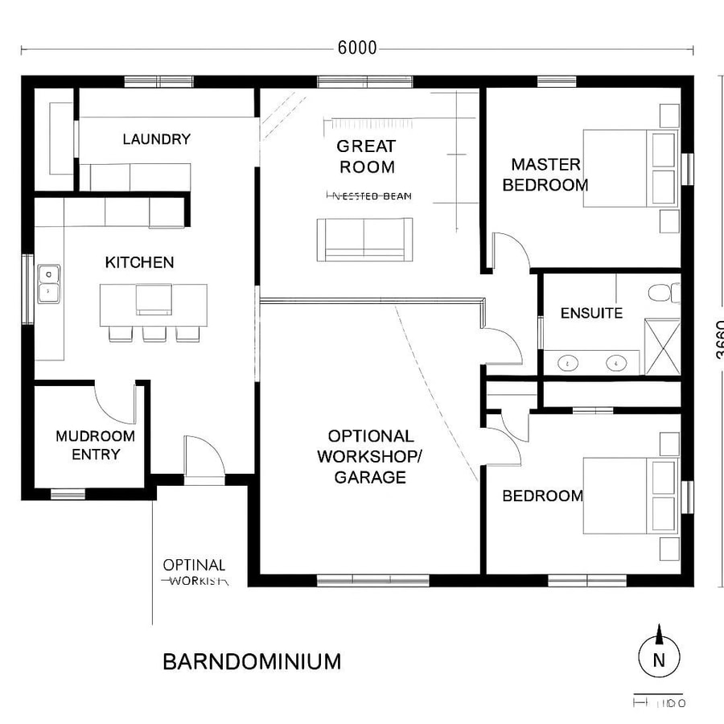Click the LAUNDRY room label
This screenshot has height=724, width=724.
tap(157, 139)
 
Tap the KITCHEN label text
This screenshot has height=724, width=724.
tap(139, 262)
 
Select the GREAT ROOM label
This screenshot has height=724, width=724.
tap(366, 157)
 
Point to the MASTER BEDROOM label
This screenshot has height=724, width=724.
tap(545, 175)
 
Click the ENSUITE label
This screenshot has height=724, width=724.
tap(591, 313)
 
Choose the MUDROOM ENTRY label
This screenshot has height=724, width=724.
tap(95, 445)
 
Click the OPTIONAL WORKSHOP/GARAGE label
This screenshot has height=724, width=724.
tap(370, 456)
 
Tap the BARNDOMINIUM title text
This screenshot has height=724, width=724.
tap(252, 661)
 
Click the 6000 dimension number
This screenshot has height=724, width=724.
tap(357, 48)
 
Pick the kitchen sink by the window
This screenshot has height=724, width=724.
tap(48, 283)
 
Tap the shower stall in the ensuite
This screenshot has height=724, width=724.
tap(662, 347)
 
